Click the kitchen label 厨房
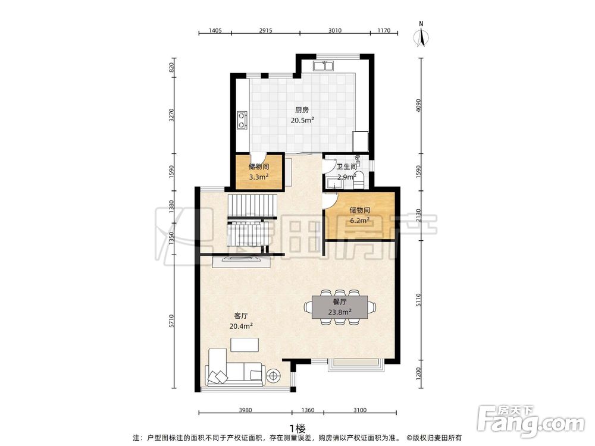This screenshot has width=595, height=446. [302, 110]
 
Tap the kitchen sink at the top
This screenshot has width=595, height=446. [323, 66]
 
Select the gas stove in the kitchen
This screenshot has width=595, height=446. [242, 120]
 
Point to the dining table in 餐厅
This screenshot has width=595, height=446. [340, 307]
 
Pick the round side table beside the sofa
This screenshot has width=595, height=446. [273, 376]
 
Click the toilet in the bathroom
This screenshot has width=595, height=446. [359, 181]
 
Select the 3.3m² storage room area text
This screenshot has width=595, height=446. [259, 177]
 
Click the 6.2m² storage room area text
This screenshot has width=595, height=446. [359, 221]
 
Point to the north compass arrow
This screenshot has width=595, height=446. [421, 37]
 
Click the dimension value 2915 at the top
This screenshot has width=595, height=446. [265, 30]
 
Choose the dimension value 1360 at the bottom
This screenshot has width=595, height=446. [308, 410]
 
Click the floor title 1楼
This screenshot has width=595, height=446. [297, 429]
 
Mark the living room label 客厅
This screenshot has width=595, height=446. [241, 316]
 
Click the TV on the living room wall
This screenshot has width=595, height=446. [241, 259]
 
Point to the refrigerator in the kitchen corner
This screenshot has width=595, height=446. [361, 142]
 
